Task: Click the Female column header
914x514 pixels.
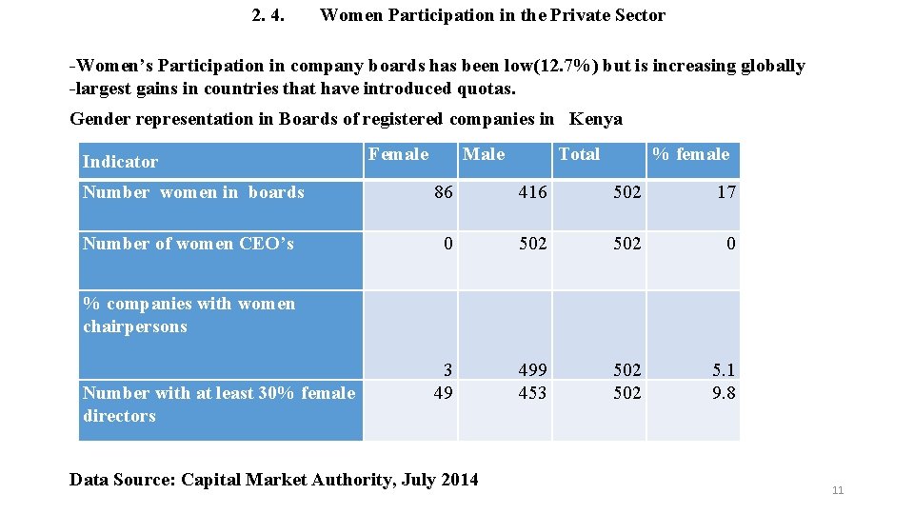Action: coord(398,154)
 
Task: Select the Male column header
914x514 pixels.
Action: coord(484,154)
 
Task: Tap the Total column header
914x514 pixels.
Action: coord(579,154)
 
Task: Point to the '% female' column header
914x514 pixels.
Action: coord(690,154)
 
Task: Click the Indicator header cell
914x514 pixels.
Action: coord(120,162)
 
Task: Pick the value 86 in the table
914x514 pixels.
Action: coord(443,192)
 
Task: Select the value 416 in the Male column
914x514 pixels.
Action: coord(532,192)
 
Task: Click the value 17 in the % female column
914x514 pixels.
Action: coord(726,192)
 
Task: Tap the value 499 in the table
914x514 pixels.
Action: coord(532,369)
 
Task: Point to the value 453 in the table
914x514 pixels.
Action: coord(532,393)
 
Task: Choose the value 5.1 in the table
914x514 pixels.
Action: coord(724,369)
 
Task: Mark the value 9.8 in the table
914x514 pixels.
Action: coord(724,393)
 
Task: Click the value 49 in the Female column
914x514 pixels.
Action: coord(443,393)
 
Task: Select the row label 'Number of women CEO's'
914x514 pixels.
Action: coord(189,244)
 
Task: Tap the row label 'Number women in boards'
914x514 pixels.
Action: coord(193,192)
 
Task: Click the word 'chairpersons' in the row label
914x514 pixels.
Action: coord(134,326)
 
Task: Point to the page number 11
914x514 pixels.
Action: coord(838,490)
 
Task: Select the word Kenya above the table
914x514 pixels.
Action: coord(595,119)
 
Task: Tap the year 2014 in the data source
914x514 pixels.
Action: coord(459,479)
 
